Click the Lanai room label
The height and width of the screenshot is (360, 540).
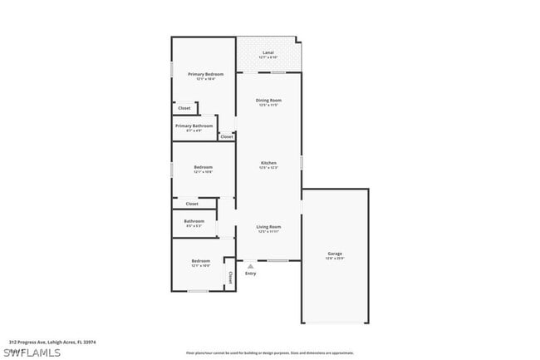point(268,54)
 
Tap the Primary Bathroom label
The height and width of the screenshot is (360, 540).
point(194,127)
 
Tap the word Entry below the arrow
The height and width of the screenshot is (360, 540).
point(250,274)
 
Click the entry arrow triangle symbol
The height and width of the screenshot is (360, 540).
point(250,266)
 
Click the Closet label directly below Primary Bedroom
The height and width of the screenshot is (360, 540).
point(184,108)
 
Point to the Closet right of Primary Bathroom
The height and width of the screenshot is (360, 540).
point(226,136)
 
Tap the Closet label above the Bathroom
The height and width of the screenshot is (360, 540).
point(192,204)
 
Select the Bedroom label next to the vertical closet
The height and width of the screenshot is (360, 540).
point(200,262)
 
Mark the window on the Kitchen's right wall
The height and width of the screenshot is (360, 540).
point(301,161)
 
